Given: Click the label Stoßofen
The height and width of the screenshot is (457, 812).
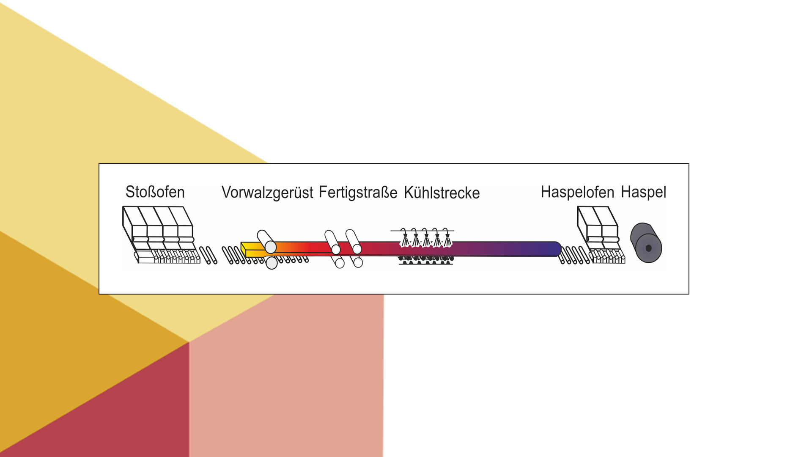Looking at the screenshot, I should pyautogui.click(x=155, y=192).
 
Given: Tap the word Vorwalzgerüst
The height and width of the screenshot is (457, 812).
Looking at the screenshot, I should pyautogui.click(x=267, y=193).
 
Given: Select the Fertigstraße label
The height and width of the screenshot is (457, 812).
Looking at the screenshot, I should pyautogui.click(x=358, y=193).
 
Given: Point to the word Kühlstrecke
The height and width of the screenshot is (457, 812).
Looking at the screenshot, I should pyautogui.click(x=442, y=193).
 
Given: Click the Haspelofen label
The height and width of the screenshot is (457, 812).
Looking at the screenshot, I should pyautogui.click(x=577, y=192).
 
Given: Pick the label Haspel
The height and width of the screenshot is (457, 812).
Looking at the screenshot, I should pyautogui.click(x=643, y=192).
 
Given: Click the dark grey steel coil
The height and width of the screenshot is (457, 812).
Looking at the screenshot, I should pyautogui.click(x=646, y=243).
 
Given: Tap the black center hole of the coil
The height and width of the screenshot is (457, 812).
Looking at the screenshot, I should pyautogui.click(x=648, y=248).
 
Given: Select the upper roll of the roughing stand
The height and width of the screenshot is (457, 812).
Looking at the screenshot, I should pyautogui.click(x=266, y=241).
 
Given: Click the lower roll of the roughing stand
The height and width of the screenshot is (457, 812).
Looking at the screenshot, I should pyautogui.click(x=272, y=263).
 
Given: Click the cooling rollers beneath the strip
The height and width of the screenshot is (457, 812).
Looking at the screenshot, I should pyautogui.click(x=425, y=259).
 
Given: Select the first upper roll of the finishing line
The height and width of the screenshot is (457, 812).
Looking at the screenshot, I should pyautogui.click(x=332, y=242).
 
